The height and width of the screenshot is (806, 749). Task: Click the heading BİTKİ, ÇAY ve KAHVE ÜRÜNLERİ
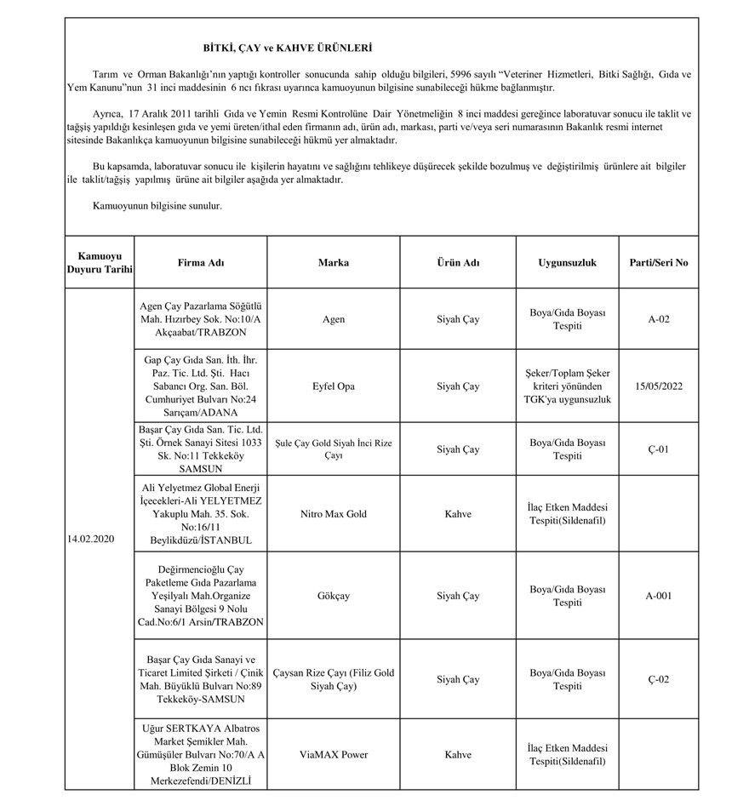click(x=286, y=49)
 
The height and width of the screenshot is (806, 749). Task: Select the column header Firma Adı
click(x=201, y=263)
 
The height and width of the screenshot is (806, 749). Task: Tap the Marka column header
click(x=334, y=263)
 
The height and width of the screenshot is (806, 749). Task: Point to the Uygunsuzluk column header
click(x=567, y=263)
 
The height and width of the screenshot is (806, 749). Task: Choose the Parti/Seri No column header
click(x=658, y=263)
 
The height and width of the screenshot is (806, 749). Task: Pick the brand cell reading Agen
click(x=334, y=319)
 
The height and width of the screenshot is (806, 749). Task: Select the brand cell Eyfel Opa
click(x=334, y=386)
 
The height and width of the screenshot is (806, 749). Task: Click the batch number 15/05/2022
click(x=658, y=386)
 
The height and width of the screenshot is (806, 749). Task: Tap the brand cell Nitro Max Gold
click(x=334, y=514)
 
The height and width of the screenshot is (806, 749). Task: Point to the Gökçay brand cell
click(x=334, y=596)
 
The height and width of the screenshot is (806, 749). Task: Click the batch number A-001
click(x=658, y=596)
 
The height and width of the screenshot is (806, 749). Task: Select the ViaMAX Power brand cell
click(x=334, y=754)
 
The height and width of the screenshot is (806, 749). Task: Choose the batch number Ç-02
click(x=658, y=679)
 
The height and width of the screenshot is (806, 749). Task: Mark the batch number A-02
click(x=658, y=319)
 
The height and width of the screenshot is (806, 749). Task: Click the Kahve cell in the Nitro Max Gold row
click(x=458, y=514)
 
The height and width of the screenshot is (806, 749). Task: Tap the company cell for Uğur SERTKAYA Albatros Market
click(x=201, y=754)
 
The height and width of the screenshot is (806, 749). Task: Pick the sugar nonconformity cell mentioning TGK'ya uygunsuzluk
click(x=567, y=386)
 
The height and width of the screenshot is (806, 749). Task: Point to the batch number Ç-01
click(x=658, y=449)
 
